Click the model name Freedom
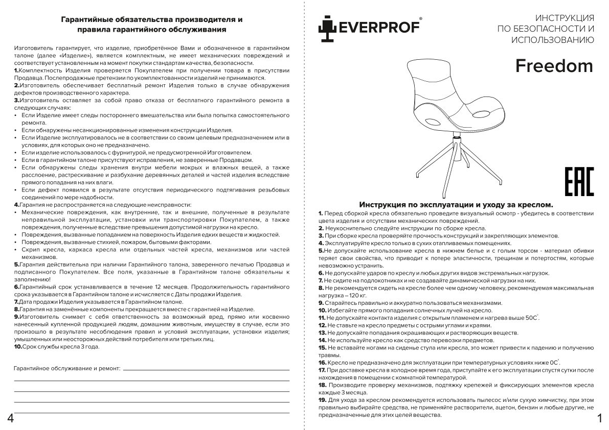tap(554, 66)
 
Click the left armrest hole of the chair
tap(432, 121)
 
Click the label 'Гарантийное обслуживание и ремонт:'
tap(67, 368)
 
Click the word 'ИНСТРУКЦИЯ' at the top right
tap(564, 17)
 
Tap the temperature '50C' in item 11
tap(531, 318)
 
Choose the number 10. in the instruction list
tap(322, 310)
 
